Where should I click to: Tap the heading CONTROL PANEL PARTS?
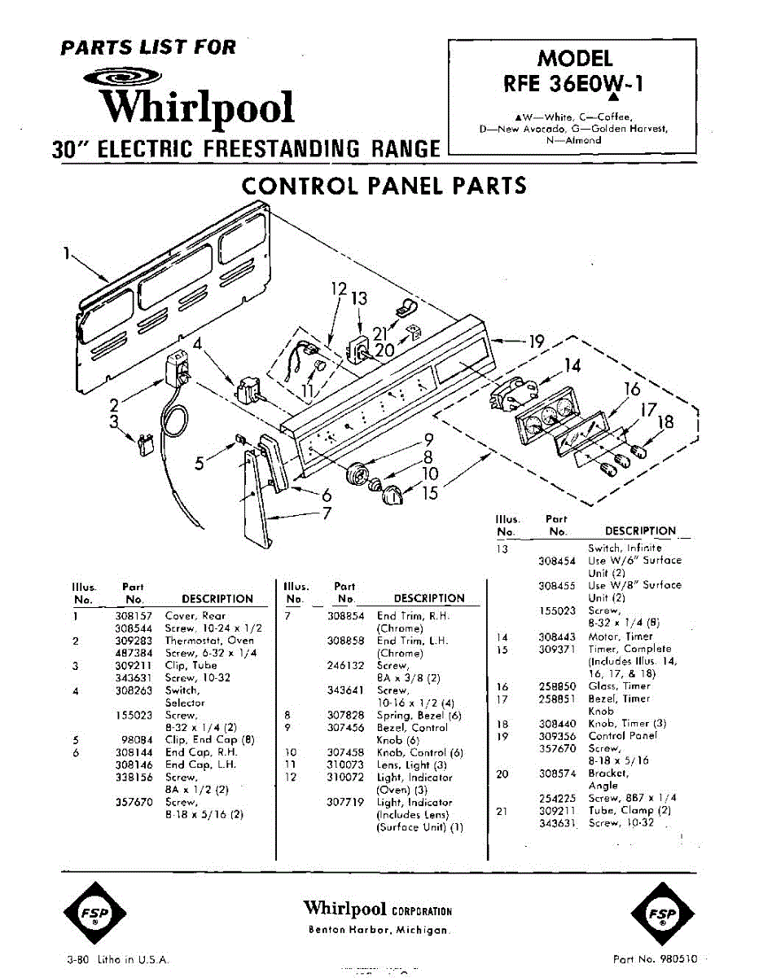coord(384,186)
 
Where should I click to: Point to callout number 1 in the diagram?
coord(65,253)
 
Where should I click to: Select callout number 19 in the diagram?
coord(536,341)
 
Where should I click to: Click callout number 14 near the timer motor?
coord(572,365)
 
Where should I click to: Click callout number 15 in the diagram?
coord(430,492)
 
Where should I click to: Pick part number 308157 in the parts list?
coord(133,616)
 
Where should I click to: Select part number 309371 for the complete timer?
coord(557,650)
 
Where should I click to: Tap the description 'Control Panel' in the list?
coord(622,735)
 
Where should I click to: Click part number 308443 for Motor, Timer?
coord(557,637)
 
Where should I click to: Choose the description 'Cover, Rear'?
coord(195,616)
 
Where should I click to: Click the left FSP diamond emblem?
coord(95,911)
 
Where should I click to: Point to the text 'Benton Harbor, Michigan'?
coord(377,931)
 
